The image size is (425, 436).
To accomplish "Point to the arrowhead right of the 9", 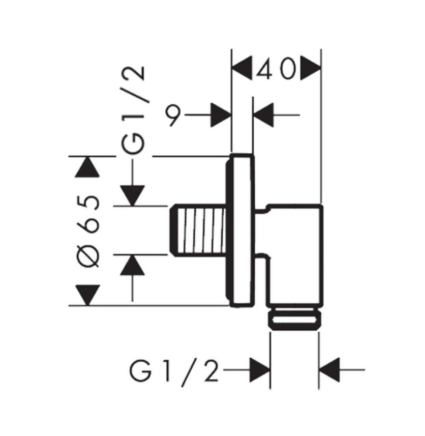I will [x=220, y=115].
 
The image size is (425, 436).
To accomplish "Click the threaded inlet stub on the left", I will [x=198, y=230].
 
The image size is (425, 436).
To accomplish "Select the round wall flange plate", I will [x=242, y=230].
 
